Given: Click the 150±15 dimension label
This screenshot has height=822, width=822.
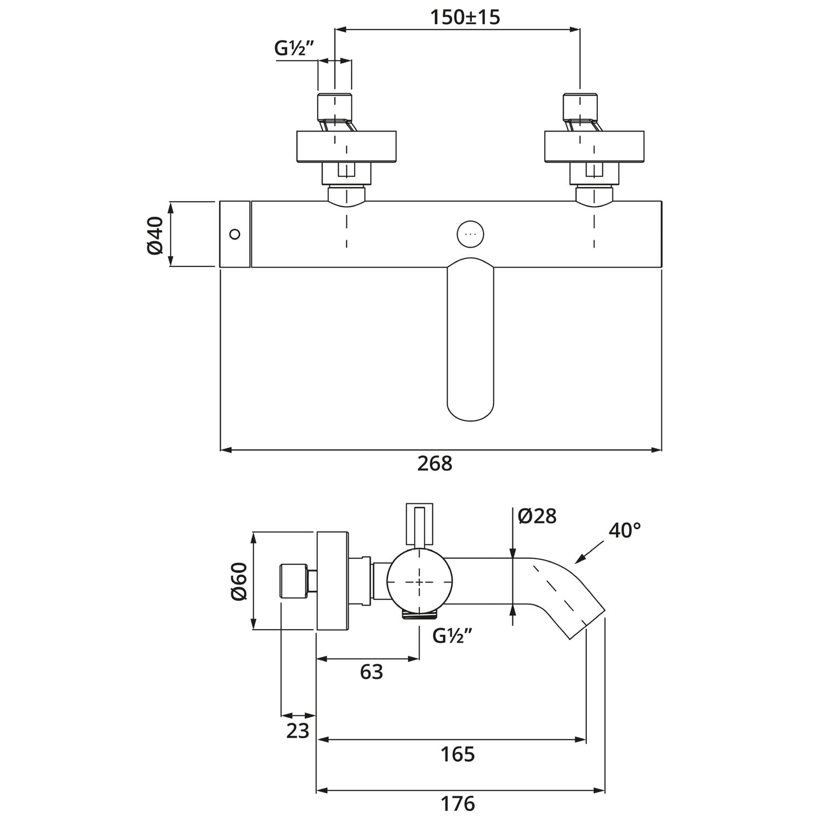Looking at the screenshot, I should pyautogui.click(x=465, y=18).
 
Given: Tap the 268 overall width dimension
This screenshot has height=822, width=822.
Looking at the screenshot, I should pyautogui.click(x=435, y=464).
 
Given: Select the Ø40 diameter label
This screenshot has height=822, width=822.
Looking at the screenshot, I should pyautogui.click(x=156, y=235).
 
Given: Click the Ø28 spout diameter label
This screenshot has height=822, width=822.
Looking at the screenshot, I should pyautogui.click(x=537, y=516).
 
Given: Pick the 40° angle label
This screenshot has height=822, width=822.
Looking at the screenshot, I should pyautogui.click(x=624, y=530).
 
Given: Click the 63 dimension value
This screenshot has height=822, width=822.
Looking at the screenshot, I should pyautogui.click(x=371, y=672).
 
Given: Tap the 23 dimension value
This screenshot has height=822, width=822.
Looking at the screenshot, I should pyautogui.click(x=298, y=731).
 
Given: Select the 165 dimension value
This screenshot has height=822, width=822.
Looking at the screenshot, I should pyautogui.click(x=458, y=755).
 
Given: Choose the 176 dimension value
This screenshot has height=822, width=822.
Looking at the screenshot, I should pyautogui.click(x=458, y=804).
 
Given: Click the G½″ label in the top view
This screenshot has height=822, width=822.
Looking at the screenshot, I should pyautogui.click(x=294, y=49).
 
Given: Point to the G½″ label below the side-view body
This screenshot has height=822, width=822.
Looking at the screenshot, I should pyautogui.click(x=452, y=636).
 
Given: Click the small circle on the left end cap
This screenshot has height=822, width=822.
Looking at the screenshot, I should pyautogui.click(x=235, y=234).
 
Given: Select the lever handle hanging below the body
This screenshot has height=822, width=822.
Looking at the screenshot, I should pyautogui.click(x=470, y=340).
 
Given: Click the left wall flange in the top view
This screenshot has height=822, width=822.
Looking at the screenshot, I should pyautogui.click(x=346, y=146).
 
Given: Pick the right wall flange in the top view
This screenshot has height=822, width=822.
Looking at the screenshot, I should pyautogui.click(x=594, y=146).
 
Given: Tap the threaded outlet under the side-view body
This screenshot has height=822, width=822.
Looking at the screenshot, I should pyautogui.click(x=420, y=614).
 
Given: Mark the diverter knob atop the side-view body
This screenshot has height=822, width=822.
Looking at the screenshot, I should pyautogui.click(x=420, y=523).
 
